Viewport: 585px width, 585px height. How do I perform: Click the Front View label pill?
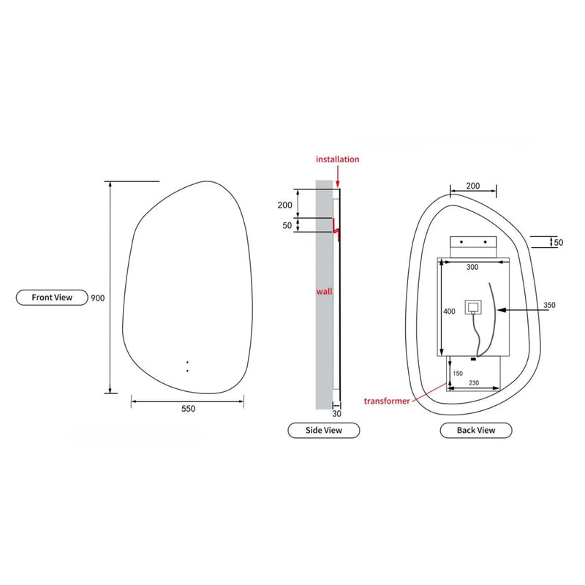[x=51, y=298]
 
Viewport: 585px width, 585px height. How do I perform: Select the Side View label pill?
[x=323, y=430]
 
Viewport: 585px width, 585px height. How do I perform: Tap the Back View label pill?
[x=475, y=430]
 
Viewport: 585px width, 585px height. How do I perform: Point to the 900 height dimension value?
[x=98, y=298]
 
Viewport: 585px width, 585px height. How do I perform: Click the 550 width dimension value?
[x=188, y=409]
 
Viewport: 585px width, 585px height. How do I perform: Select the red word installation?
[x=337, y=159]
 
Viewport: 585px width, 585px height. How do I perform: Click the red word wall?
[x=324, y=291]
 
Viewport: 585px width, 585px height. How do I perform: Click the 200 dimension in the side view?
[x=285, y=204]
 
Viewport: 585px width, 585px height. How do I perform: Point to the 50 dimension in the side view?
[x=287, y=226]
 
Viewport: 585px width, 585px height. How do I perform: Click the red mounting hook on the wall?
[x=337, y=229]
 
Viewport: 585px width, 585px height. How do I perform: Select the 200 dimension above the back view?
[x=472, y=186]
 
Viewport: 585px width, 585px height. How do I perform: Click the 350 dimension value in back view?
[x=550, y=305]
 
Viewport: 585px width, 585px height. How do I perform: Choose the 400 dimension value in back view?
[x=449, y=312]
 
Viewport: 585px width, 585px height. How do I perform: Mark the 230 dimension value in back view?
[x=473, y=382]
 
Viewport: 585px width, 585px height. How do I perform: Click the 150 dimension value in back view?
[x=458, y=373]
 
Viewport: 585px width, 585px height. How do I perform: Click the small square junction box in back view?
[x=473, y=308]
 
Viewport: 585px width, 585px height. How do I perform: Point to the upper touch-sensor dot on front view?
[x=187, y=363]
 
